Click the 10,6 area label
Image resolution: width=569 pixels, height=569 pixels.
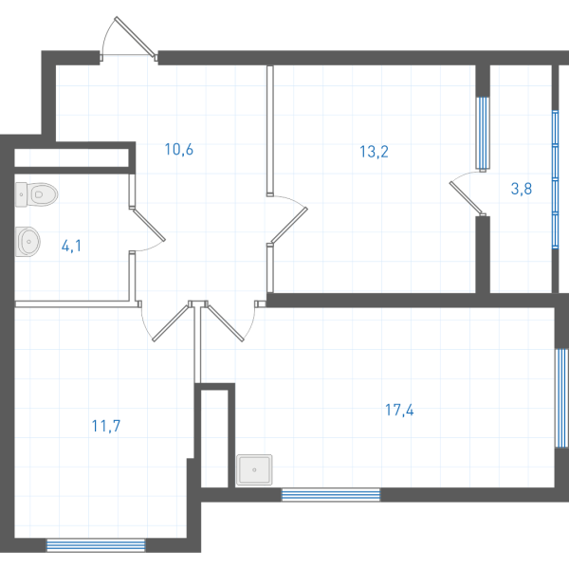pyautogui.click(x=179, y=150)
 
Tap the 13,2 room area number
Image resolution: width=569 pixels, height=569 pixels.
pyautogui.click(x=374, y=152)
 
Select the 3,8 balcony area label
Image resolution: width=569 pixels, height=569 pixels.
pyautogui.click(x=522, y=189)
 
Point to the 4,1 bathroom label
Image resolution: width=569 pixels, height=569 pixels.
pyautogui.click(x=71, y=247)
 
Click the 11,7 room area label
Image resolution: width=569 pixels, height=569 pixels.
pyautogui.click(x=106, y=426)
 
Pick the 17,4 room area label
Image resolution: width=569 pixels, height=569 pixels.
pyautogui.click(x=399, y=410)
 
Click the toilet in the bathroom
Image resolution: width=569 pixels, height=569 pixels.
pyautogui.click(x=36, y=194)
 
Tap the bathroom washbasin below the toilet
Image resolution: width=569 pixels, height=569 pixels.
pyautogui.click(x=28, y=242)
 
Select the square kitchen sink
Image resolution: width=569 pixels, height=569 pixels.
pyautogui.click(x=254, y=470)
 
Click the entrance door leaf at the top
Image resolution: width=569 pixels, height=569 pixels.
pyautogui.click(x=135, y=37)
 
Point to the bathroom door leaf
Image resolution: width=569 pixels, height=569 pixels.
pyautogui.click(x=149, y=225)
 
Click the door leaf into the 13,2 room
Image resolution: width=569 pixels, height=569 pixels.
pyautogui.click(x=289, y=225)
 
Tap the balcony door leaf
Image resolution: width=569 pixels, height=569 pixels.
pyautogui.click(x=467, y=198)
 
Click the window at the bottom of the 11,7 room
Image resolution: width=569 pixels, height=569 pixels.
pyautogui.click(x=96, y=545)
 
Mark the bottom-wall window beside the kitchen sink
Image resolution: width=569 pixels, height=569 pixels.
pyautogui.click(x=331, y=495)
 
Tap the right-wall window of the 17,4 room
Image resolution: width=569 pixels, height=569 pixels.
pyautogui.click(x=561, y=398)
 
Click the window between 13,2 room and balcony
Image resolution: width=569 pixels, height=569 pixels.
pyautogui.click(x=483, y=133)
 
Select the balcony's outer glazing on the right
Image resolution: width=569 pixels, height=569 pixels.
pyautogui.click(x=555, y=179)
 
